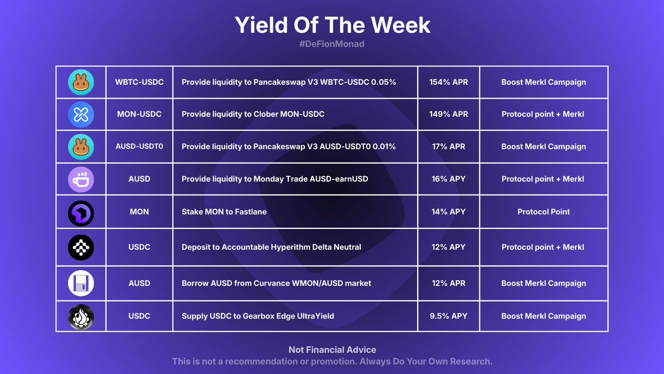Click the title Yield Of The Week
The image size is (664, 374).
point(332,25)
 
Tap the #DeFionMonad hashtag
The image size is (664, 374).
point(332,44)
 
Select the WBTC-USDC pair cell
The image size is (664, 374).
point(139,82)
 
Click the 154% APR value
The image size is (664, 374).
point(448,82)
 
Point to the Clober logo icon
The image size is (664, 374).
point(81,115)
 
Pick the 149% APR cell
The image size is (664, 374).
point(448,114)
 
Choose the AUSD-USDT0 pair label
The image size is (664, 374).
point(139,146)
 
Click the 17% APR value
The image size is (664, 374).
point(448,146)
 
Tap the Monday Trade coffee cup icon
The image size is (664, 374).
point(81,180)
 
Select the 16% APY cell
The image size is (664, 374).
point(448,179)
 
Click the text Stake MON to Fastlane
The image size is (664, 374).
point(224,212)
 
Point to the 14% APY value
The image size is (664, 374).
point(448,212)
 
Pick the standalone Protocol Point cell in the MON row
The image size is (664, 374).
point(543,212)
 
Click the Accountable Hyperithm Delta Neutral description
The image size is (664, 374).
point(271,247)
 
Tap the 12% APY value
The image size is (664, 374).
point(448,247)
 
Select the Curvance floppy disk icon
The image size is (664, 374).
point(81,284)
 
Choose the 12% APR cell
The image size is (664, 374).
point(448,283)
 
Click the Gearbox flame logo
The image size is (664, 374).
point(81,316)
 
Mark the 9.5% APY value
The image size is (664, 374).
point(448,316)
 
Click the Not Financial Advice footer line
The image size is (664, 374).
point(332,350)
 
